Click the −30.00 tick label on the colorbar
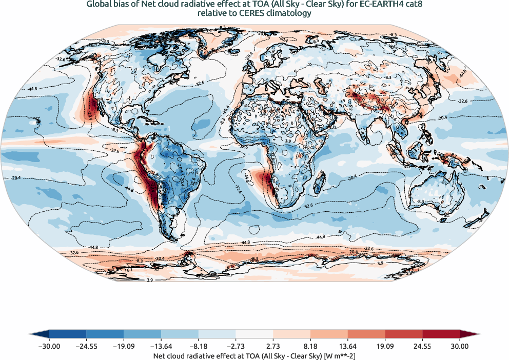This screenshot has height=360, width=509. (49, 346)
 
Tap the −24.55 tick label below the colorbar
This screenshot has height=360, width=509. (87, 346)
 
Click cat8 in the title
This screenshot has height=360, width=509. (408, 5)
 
